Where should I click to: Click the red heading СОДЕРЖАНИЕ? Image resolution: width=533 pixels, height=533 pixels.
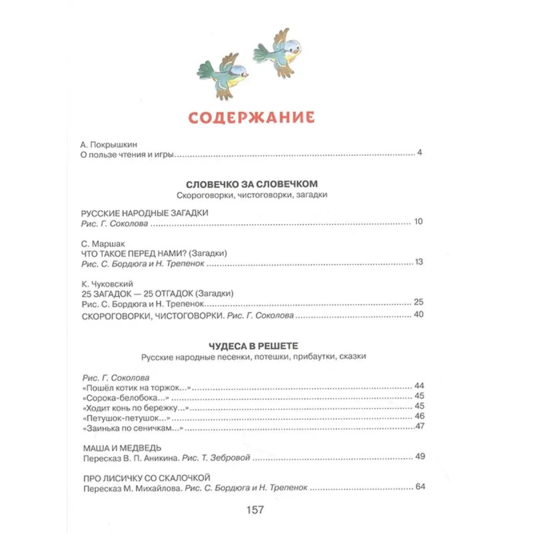point(251,118)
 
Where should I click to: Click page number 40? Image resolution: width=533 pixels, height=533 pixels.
point(418,314)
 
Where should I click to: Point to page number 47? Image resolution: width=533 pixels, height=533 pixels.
point(419,427)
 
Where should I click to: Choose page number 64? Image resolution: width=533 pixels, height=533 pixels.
point(419,487)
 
